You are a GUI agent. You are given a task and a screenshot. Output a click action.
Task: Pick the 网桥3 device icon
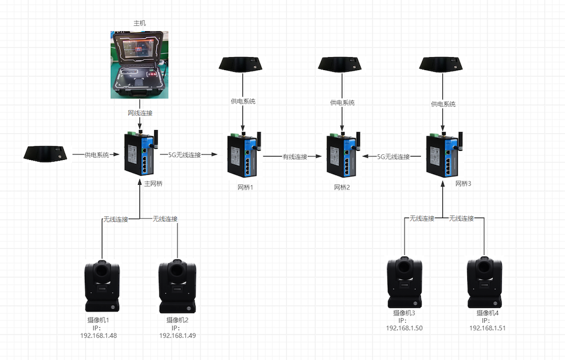[442, 154]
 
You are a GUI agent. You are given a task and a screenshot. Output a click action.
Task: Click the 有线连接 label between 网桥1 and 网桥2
[295, 157]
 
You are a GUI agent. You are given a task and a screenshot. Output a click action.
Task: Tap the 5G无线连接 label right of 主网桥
[184, 154]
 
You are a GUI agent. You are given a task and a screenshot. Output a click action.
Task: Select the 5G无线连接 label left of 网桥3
[393, 157]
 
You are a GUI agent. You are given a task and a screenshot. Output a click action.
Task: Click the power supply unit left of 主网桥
[45, 153]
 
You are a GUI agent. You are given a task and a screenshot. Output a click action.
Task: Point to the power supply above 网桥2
[341, 64]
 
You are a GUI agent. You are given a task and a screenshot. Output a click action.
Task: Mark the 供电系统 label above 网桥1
[243, 102]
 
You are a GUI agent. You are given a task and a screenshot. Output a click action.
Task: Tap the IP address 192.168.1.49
[178, 335]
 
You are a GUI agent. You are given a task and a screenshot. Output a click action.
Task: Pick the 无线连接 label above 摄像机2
[165, 219]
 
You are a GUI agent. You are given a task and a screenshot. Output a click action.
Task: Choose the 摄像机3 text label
[404, 313]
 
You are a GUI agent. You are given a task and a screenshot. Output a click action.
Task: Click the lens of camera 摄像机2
[177, 271]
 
